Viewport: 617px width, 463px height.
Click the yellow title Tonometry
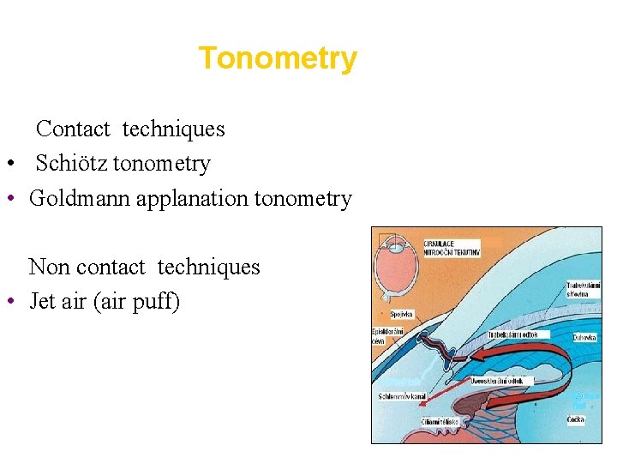(x=278, y=58)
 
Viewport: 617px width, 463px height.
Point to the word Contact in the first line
(x=73, y=129)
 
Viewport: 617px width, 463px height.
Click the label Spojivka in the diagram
(x=402, y=315)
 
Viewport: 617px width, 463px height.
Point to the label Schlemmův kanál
(x=402, y=396)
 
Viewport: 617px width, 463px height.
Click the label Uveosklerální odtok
(x=503, y=380)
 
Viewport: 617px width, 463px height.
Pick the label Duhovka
(x=584, y=339)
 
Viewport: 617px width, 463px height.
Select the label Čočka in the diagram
(x=576, y=419)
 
